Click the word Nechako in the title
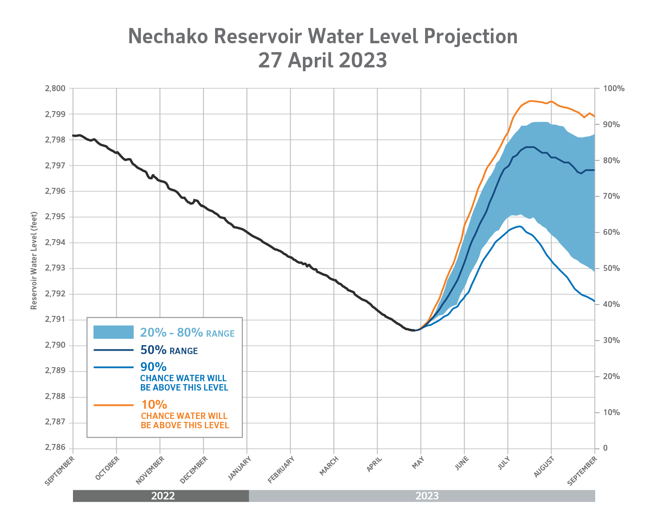pos(168,36)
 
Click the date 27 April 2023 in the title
pos(322,60)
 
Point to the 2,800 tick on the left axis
pos(55,89)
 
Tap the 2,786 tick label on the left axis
pos(55,448)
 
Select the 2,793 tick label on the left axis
pos(55,268)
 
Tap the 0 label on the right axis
pos(605,448)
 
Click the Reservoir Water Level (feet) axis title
pos(34,261)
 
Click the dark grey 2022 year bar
pos(161,496)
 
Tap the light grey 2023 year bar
pos(424,496)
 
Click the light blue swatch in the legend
pos(113,332)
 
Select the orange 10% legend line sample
pos(113,405)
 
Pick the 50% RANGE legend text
pos(169,350)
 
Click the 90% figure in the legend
pos(153,367)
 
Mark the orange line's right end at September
pos(594,116)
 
